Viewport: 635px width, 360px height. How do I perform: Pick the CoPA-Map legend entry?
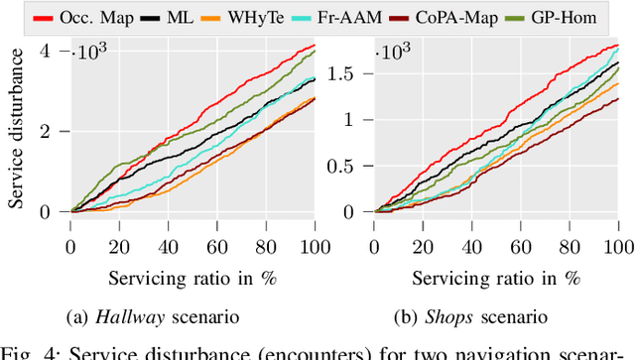tap(477, 17)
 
